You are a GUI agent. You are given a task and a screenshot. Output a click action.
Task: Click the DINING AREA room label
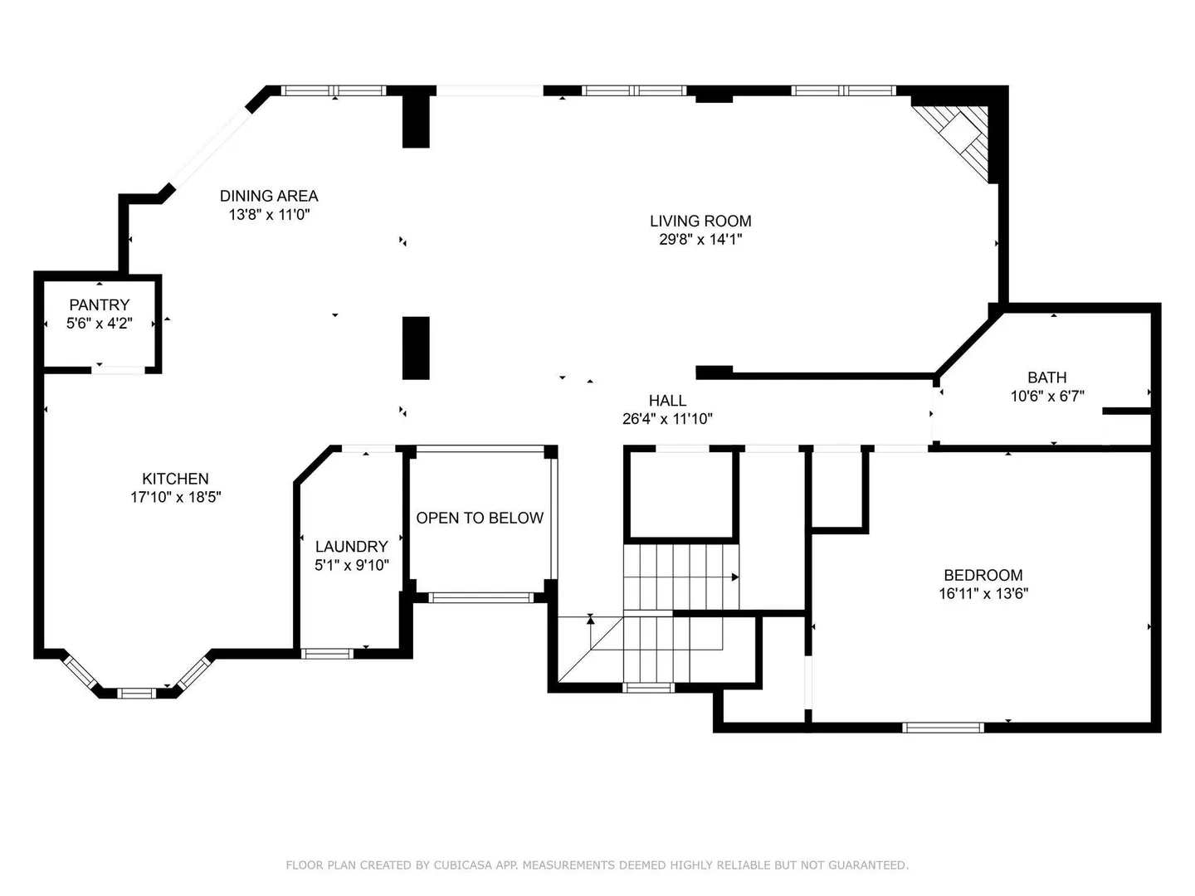(x=269, y=196)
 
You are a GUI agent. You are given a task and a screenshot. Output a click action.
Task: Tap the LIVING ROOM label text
(x=700, y=221)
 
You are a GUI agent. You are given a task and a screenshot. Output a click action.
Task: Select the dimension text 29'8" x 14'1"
(x=700, y=240)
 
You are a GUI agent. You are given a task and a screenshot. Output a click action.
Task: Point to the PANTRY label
(x=99, y=304)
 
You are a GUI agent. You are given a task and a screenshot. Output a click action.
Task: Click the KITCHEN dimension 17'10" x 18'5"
(x=175, y=497)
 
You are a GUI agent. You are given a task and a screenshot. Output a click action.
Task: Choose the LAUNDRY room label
(x=351, y=546)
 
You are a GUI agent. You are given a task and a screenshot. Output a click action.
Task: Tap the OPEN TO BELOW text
(x=480, y=518)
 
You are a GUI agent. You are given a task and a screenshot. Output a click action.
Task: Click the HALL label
(x=667, y=401)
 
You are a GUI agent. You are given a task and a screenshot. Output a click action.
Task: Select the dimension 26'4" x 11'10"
(x=667, y=419)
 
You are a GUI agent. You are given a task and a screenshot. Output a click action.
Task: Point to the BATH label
(x=1047, y=377)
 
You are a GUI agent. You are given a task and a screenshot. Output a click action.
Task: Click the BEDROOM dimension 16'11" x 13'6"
(x=983, y=593)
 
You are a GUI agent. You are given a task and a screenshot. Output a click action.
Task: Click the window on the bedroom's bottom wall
(x=943, y=728)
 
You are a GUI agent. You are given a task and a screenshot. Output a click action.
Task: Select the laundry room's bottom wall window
(x=327, y=654)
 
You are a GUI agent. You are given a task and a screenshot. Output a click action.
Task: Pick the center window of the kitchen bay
(x=136, y=693)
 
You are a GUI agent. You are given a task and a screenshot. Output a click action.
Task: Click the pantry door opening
(x=118, y=370)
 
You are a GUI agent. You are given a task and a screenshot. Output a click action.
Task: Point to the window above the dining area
(x=333, y=90)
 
